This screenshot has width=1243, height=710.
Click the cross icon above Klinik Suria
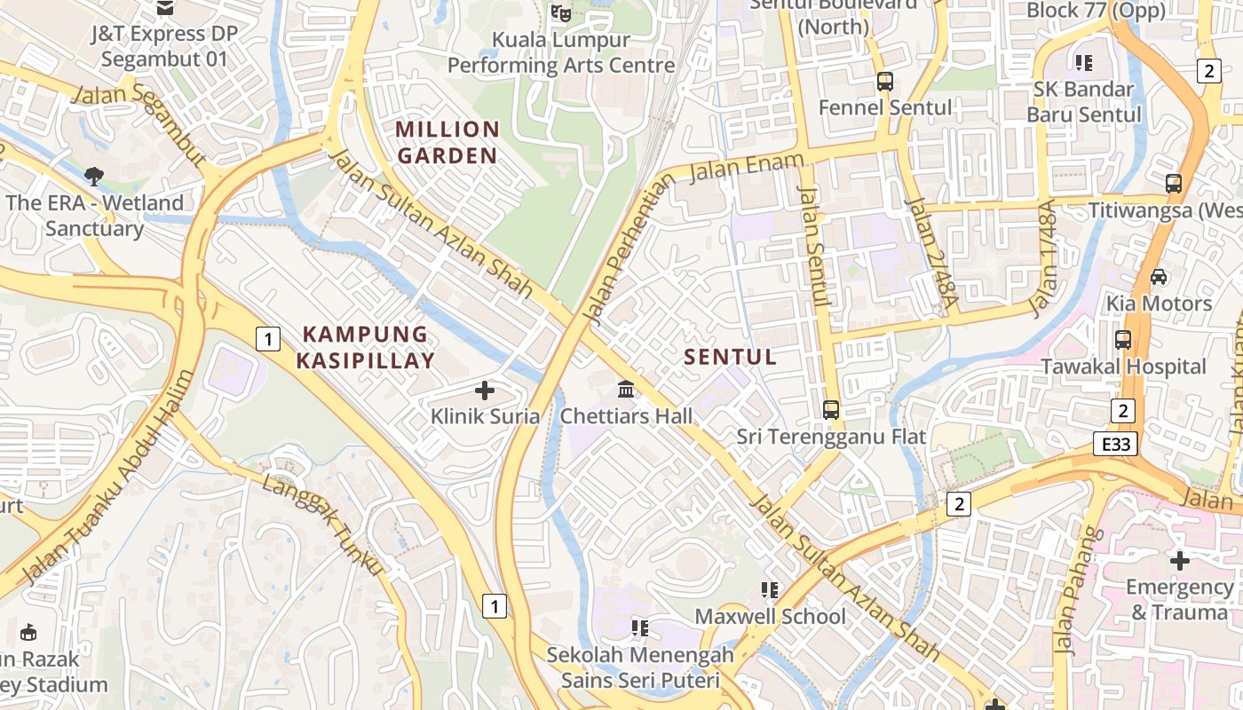pos(485,390)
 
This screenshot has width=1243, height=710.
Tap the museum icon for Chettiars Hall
pos(626,390)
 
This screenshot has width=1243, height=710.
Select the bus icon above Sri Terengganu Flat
pos(831,410)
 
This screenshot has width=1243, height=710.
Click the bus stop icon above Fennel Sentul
pos(884,82)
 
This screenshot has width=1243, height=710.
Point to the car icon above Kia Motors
pos(1159,277)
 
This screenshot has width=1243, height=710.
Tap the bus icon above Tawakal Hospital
pos(1123,340)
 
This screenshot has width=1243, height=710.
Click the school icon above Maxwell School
pos(770,589)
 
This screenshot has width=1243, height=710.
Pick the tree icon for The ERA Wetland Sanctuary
pos(94,176)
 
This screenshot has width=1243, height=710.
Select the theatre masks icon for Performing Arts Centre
pos(560,12)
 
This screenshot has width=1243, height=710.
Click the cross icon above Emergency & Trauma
pos(1179,560)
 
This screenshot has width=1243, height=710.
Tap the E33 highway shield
pos(1114,444)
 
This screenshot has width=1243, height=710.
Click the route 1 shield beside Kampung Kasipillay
pos(268,338)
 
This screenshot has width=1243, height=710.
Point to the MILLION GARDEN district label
pos(447,142)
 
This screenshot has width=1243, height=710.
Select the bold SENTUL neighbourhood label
pos(731,357)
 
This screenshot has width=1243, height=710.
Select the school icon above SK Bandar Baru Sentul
pos(1083,62)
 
